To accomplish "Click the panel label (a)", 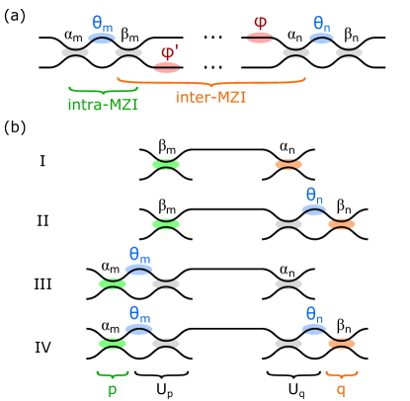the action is click(15, 16).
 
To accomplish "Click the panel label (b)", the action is click(15, 127).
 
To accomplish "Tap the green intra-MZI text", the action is click(103, 105).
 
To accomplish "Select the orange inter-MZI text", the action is click(211, 97).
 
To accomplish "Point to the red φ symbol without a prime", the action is click(261, 23).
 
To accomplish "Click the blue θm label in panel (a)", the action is click(103, 24).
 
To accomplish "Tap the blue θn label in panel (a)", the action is click(322, 24).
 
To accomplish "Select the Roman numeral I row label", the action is click(42, 161).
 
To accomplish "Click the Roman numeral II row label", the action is click(42, 221).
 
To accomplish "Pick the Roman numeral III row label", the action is click(42, 283).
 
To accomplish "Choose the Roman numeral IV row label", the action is click(42, 347).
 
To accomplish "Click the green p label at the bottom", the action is click(113, 390).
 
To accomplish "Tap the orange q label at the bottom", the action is click(341, 390).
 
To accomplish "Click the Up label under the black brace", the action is click(165, 391).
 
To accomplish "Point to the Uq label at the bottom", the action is click(296, 391).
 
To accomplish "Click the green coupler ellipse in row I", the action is click(166, 164).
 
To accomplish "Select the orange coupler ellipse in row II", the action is click(342, 224).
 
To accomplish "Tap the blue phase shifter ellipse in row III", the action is click(139, 270).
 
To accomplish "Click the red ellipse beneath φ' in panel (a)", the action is click(167, 67).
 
